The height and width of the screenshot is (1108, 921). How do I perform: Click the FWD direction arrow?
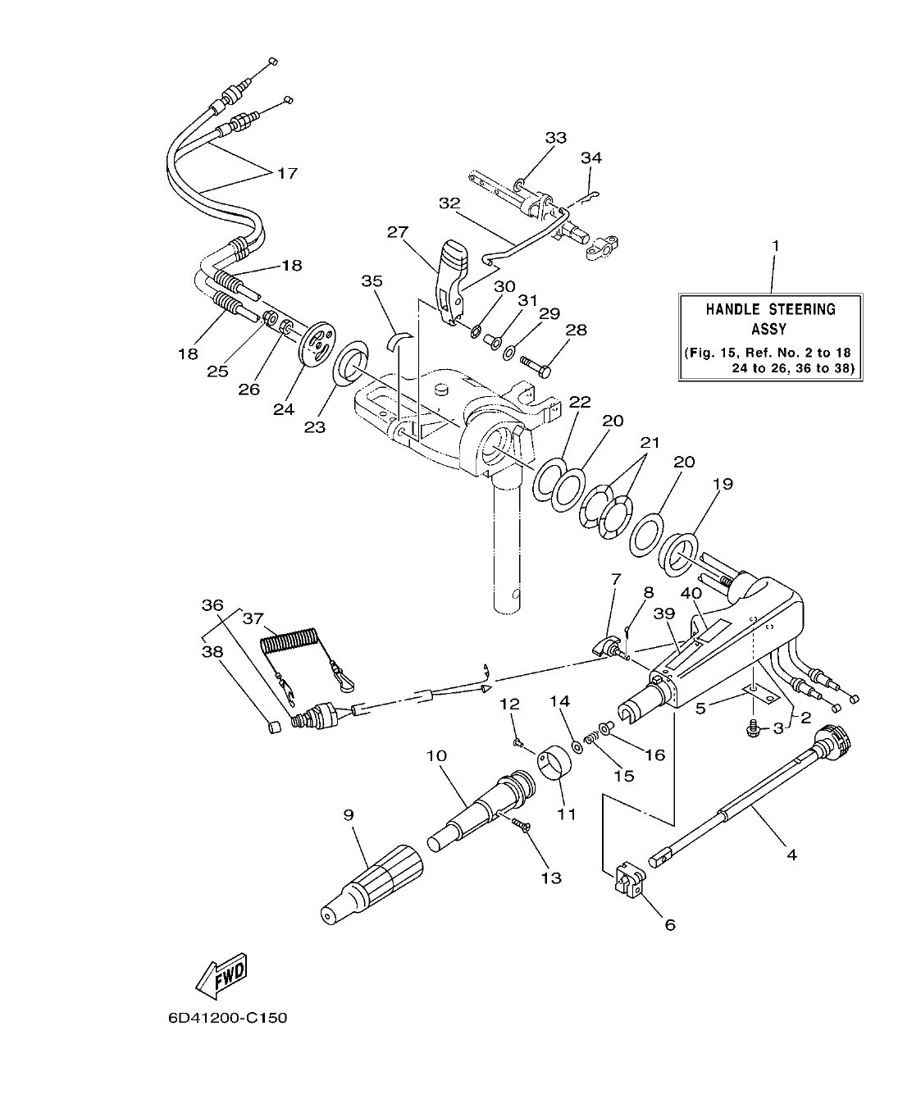[222, 975]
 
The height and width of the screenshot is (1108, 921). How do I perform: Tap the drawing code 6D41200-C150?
[227, 1018]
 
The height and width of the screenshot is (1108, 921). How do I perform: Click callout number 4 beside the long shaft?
[791, 855]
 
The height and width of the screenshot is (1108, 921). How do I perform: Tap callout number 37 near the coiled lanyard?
[252, 618]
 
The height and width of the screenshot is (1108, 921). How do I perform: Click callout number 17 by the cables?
[286, 174]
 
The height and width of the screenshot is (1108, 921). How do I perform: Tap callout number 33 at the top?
[555, 138]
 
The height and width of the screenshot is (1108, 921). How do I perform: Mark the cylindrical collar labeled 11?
[556, 768]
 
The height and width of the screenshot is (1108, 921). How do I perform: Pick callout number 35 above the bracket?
[372, 280]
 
